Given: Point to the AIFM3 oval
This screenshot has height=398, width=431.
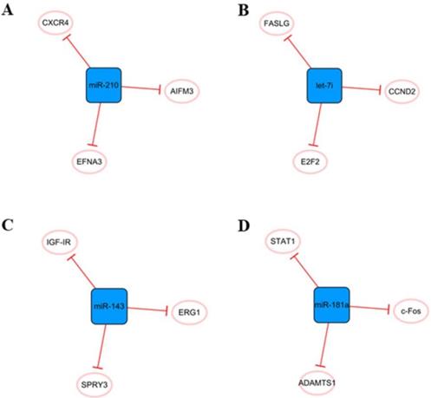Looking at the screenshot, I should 184,90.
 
